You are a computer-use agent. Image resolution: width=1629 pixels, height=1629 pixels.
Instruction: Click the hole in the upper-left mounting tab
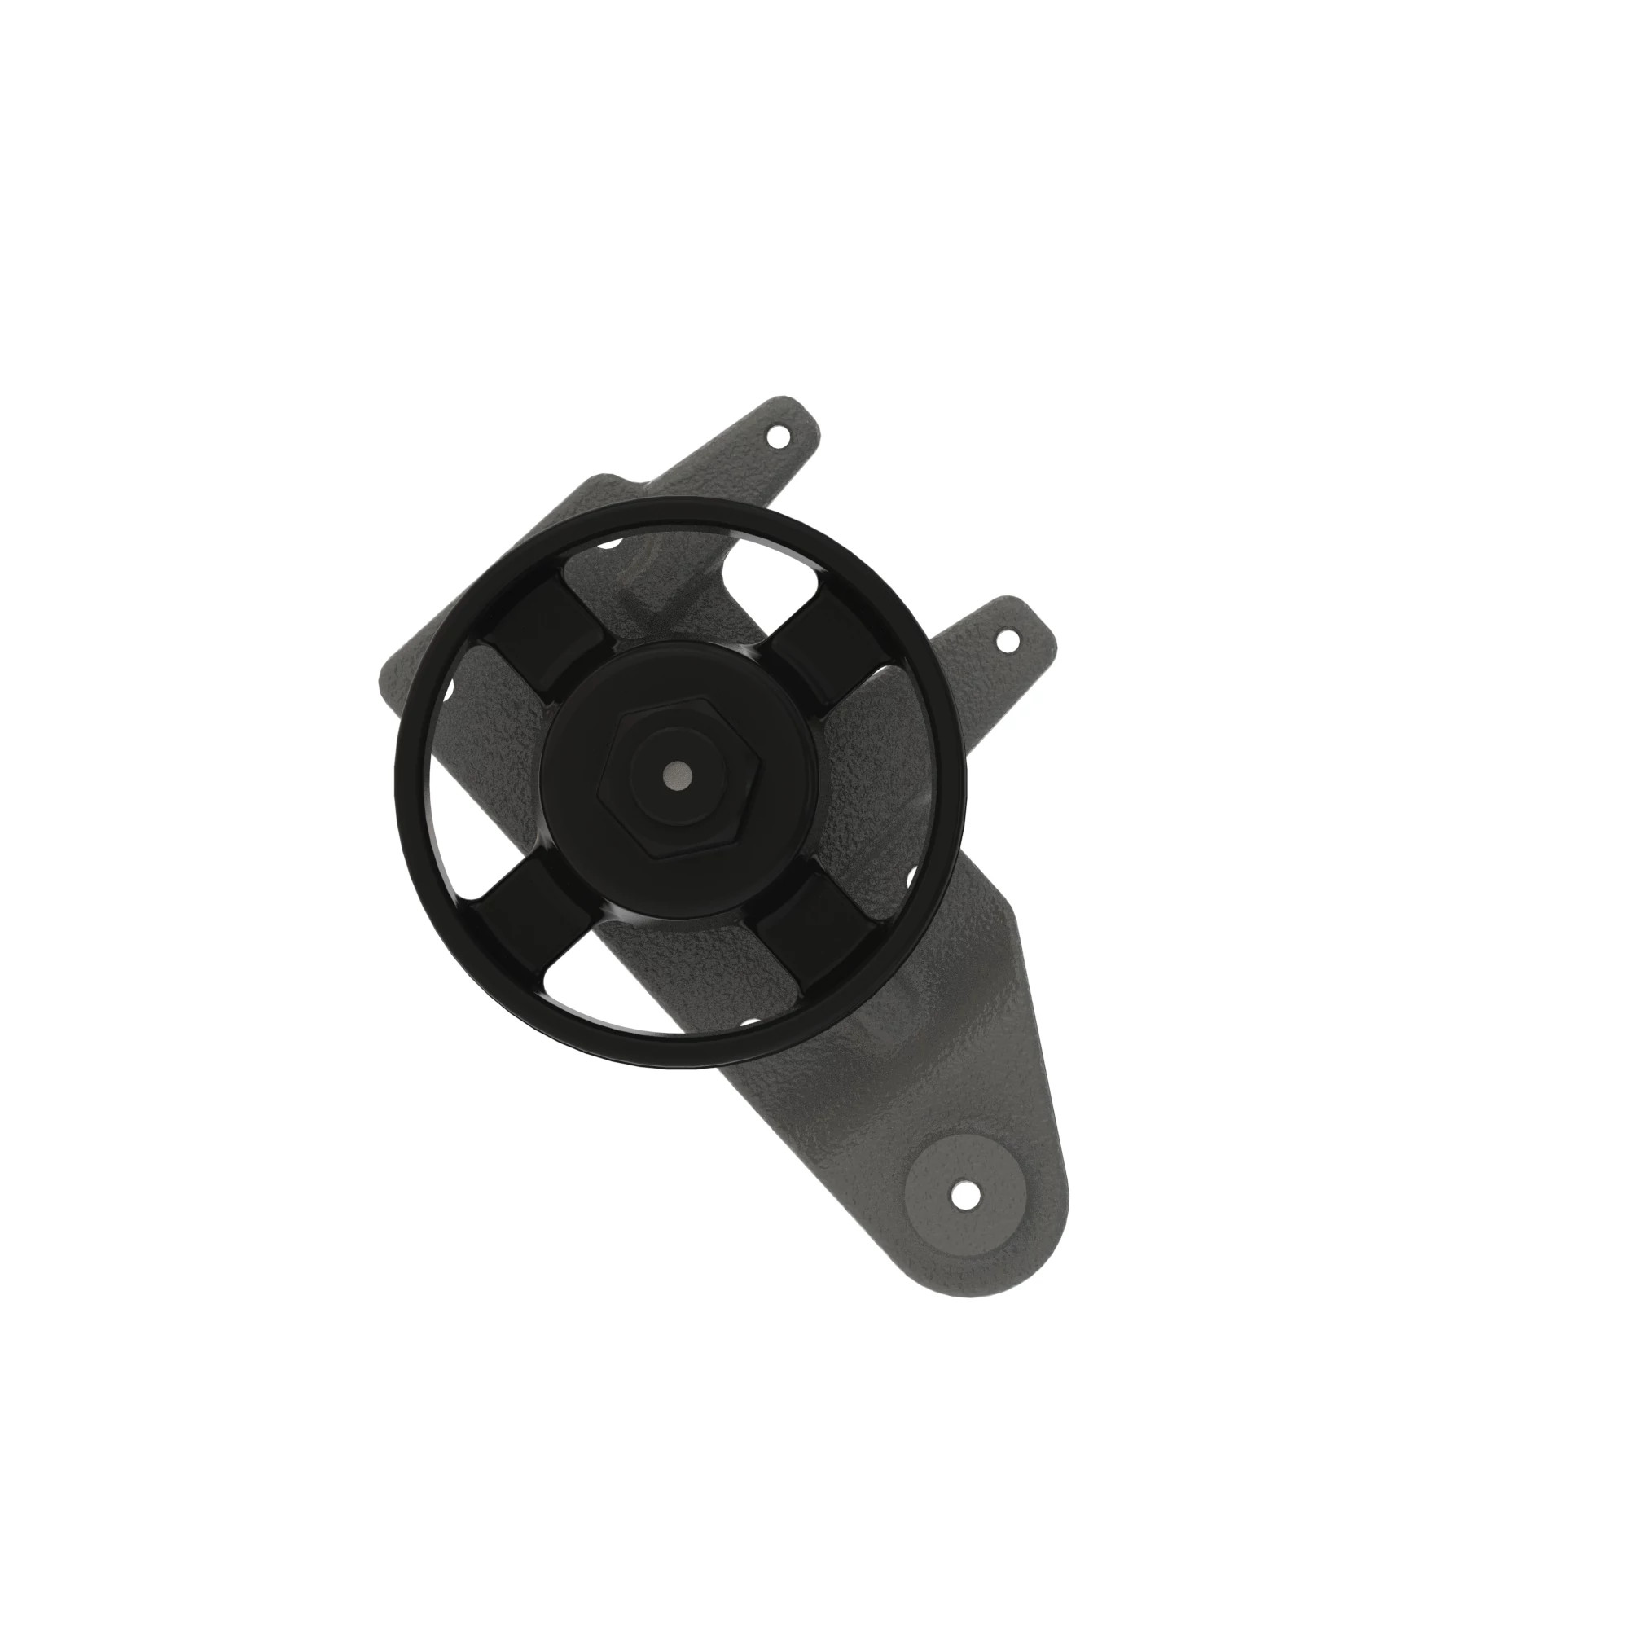(x=778, y=437)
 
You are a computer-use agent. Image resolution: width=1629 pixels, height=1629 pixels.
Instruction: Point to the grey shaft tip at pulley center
(x=677, y=774)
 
